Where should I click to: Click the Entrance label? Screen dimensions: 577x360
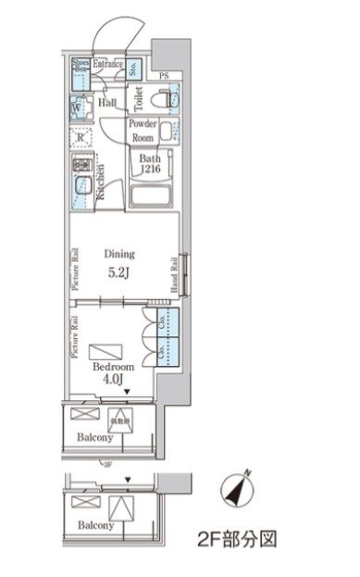click(x=107, y=64)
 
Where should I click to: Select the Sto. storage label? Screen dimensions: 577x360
click(x=134, y=67)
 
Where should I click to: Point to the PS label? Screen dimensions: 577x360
click(x=164, y=74)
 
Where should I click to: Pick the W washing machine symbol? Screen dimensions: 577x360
click(x=76, y=107)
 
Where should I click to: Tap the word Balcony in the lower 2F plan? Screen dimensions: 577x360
click(x=95, y=524)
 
